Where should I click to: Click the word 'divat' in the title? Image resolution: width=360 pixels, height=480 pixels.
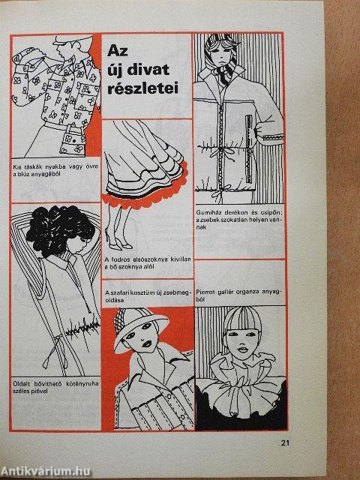148,70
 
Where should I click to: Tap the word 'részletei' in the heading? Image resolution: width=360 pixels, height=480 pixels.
143,88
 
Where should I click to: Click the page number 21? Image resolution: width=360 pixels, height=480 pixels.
285,442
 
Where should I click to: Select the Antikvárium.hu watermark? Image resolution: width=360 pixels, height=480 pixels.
46,471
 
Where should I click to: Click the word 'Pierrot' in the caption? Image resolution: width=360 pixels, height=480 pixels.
205,292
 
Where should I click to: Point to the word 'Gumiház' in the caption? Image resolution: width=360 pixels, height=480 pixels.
208,212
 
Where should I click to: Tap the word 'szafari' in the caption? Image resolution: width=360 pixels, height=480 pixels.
118,292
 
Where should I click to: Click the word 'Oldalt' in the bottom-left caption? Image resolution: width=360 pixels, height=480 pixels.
21,383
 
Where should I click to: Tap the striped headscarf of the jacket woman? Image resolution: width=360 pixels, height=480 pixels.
221,58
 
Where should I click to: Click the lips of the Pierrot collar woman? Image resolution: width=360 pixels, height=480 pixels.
242,349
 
